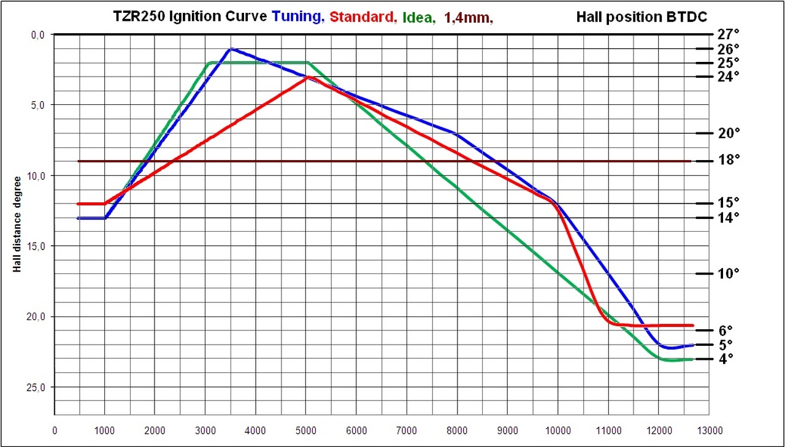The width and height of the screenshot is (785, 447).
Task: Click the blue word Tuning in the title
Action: tap(297, 17)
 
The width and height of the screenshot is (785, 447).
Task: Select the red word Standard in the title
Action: tap(362, 17)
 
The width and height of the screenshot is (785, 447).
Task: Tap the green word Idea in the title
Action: tap(418, 18)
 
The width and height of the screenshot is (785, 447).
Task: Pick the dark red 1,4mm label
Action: tap(469, 18)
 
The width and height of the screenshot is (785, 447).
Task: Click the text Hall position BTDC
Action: tap(641, 17)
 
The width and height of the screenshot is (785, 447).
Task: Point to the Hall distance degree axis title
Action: tap(18, 224)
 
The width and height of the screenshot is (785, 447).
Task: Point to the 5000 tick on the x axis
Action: tap(306, 430)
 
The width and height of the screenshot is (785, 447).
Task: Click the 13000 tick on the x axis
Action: tap(710, 430)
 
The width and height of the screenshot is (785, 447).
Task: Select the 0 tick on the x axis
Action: tap(55, 430)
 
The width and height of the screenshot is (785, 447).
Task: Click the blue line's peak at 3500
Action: tap(231, 49)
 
